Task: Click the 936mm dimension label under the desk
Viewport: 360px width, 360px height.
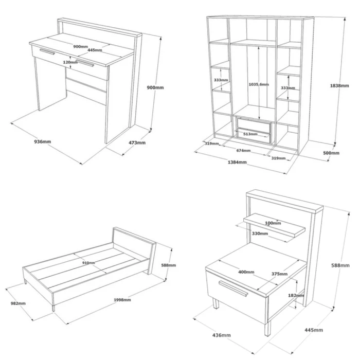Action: click(x=43, y=141)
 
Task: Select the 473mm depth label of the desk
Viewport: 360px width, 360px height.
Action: click(x=137, y=142)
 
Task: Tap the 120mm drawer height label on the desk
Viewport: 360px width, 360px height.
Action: click(x=70, y=62)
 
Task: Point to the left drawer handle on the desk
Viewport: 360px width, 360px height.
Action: click(x=47, y=51)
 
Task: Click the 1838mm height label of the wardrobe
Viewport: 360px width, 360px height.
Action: click(x=339, y=86)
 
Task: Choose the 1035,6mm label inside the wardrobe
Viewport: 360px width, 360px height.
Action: click(x=259, y=84)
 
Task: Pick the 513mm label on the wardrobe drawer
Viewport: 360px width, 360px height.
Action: click(x=250, y=134)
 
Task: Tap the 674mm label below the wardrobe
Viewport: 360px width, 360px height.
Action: click(x=243, y=151)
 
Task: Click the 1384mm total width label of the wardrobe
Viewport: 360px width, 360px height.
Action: click(x=237, y=162)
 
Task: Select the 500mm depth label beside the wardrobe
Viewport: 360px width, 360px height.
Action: click(x=331, y=153)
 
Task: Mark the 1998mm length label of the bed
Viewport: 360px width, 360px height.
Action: click(x=122, y=300)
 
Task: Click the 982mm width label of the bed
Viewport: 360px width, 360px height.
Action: click(x=18, y=303)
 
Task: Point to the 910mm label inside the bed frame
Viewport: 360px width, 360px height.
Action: click(x=88, y=263)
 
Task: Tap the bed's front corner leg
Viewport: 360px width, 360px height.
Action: click(x=53, y=308)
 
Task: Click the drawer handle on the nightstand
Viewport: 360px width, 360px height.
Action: click(x=233, y=289)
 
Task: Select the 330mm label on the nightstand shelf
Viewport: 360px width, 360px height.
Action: click(x=260, y=233)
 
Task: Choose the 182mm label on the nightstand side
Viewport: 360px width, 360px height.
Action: click(x=296, y=295)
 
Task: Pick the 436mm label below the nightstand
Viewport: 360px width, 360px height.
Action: click(x=221, y=335)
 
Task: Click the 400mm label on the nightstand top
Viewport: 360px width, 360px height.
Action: click(x=246, y=272)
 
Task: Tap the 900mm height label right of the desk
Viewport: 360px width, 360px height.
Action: click(x=155, y=87)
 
